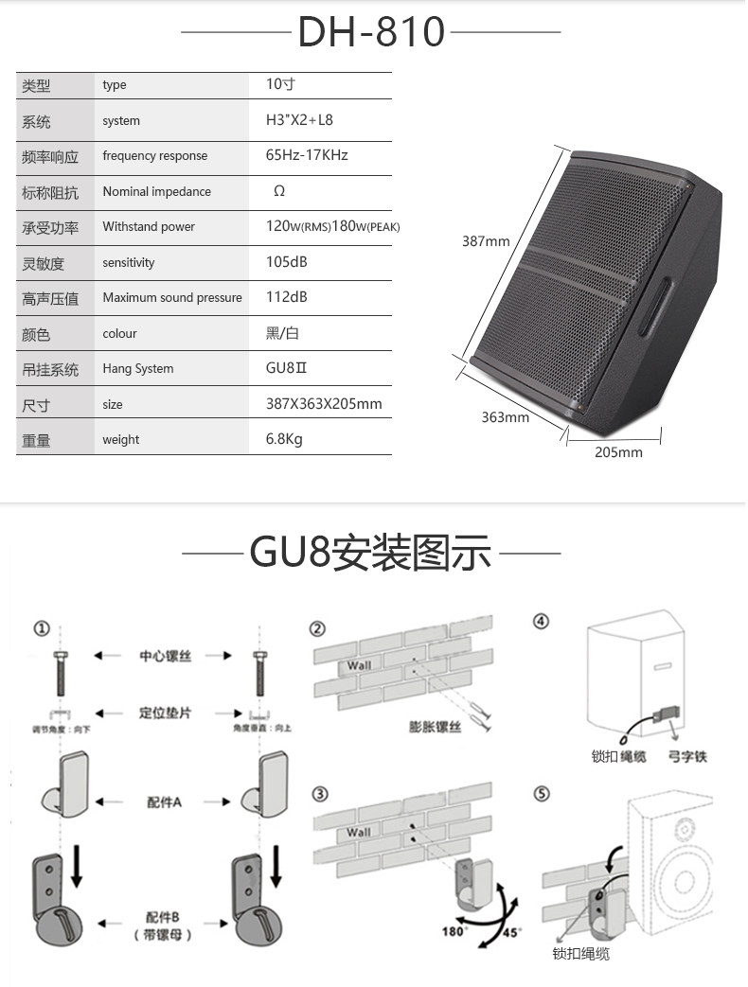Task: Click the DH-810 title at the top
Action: [x=370, y=32]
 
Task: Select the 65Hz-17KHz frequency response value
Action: [x=307, y=155]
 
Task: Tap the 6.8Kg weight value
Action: [x=284, y=439]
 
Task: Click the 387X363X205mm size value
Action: [x=324, y=404]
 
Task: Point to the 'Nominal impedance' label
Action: [x=157, y=191]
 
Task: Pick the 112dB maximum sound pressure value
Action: [x=287, y=297]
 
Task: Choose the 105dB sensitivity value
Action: [x=287, y=262]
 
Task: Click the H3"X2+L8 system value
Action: [x=299, y=120]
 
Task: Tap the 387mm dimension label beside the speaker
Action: [x=486, y=241]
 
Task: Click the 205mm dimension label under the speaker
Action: [x=618, y=452]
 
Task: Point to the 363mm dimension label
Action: [x=505, y=417]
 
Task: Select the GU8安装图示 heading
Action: [x=370, y=553]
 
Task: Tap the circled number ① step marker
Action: [x=41, y=628]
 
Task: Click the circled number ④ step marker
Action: [x=542, y=622]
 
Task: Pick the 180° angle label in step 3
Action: [x=454, y=931]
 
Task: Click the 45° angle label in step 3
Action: [x=512, y=931]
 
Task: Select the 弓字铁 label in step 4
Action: [x=687, y=757]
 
